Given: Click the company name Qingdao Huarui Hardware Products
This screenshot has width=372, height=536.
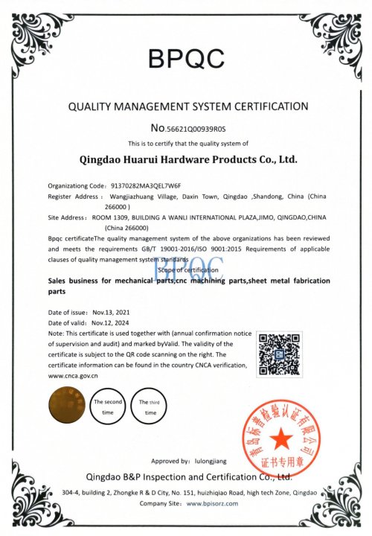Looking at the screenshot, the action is click(x=187, y=159).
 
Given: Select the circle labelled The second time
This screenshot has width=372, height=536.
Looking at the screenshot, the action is click(x=108, y=406).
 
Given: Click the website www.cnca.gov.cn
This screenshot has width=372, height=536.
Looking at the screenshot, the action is click(x=74, y=376).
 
